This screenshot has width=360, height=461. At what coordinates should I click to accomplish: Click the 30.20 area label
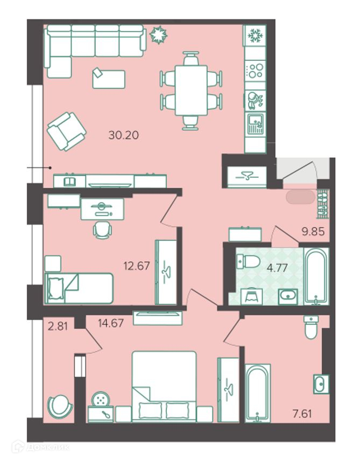[123, 135]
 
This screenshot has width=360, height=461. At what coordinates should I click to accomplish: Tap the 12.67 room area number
[137, 266]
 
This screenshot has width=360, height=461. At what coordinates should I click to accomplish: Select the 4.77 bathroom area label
[277, 268]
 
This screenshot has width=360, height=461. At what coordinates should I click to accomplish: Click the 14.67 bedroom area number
[111, 324]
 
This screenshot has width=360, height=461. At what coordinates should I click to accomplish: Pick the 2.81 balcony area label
[58, 326]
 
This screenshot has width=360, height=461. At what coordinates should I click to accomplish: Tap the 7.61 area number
[302, 414]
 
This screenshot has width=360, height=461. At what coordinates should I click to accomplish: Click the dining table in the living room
[191, 90]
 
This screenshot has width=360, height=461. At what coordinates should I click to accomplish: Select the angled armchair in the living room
[67, 131]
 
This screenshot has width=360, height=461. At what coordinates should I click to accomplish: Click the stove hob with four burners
[255, 71]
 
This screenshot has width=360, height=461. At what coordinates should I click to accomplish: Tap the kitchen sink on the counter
[256, 124]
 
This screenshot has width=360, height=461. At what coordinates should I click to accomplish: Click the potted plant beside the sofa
[158, 34]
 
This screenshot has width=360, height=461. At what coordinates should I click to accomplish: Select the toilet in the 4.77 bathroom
[248, 262]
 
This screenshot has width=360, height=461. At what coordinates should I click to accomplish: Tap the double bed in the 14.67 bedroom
[164, 387]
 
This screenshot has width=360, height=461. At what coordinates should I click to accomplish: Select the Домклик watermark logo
[40, 447]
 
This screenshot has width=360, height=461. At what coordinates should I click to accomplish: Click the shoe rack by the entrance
[323, 205]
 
